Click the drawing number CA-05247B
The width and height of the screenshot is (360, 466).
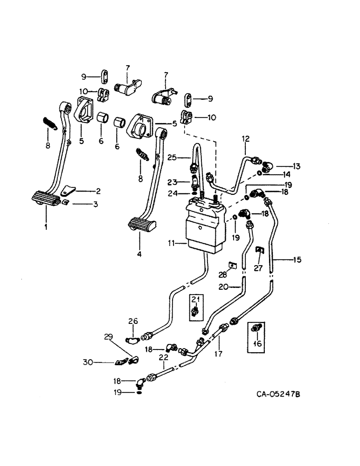click(278, 395)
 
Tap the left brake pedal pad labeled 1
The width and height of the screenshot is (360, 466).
click(44, 200)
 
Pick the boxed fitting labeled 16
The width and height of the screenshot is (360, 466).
click(255, 329)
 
